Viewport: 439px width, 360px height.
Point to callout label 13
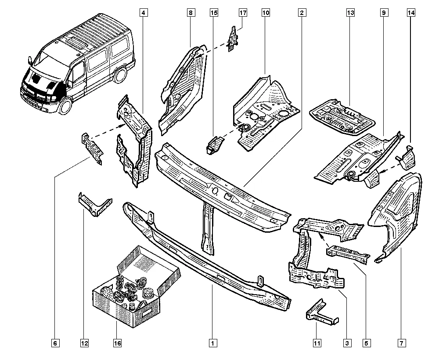point(350,13)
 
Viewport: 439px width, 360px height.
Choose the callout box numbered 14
point(410,13)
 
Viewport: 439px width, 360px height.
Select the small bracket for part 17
point(232,38)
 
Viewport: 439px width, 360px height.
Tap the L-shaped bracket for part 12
point(94,204)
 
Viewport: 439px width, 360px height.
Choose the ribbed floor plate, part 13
point(343,116)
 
